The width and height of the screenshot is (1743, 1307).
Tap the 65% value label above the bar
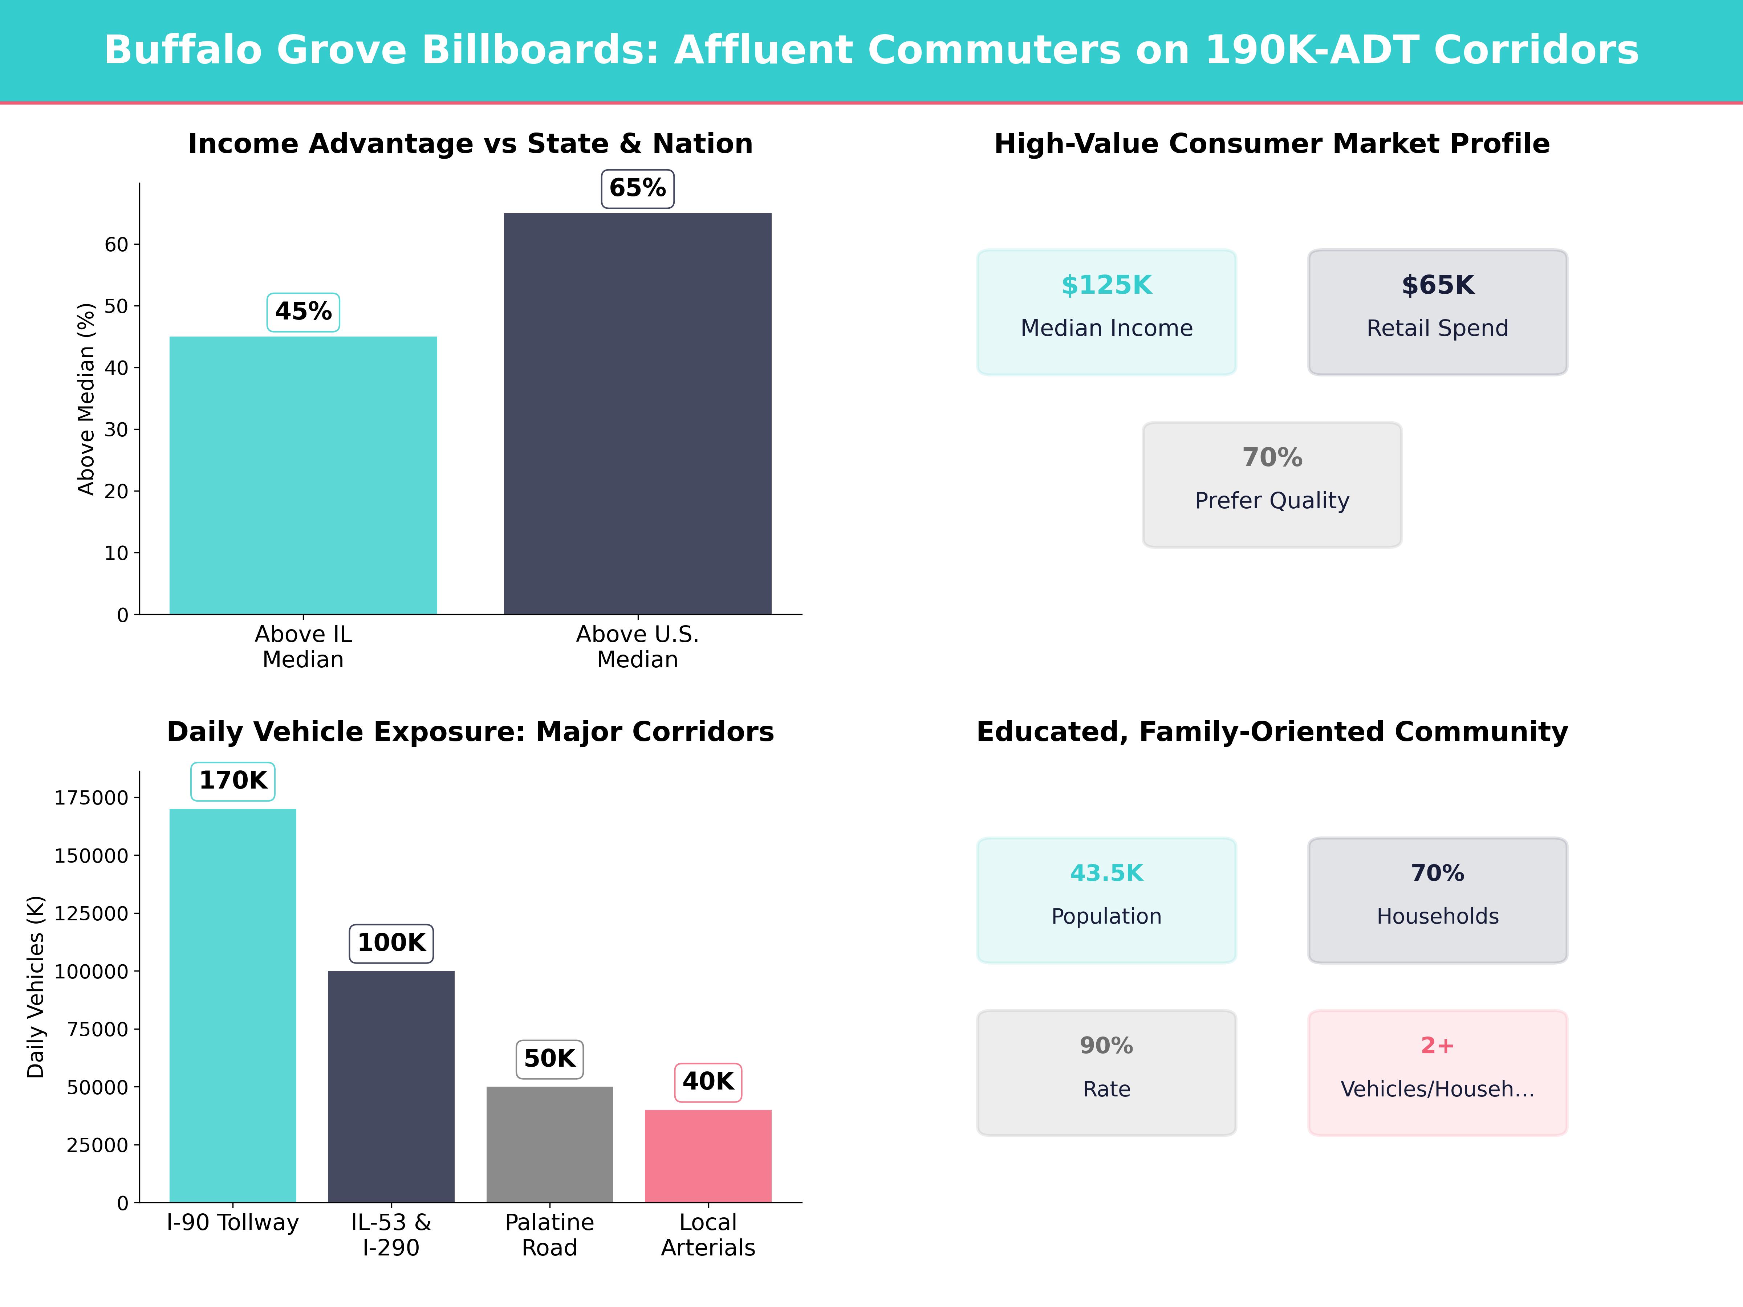tap(638, 188)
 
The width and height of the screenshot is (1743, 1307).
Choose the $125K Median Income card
tap(1106, 312)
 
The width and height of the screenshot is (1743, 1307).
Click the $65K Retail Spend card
tap(1437, 312)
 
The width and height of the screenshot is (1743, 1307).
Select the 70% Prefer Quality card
tap(1272, 485)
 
